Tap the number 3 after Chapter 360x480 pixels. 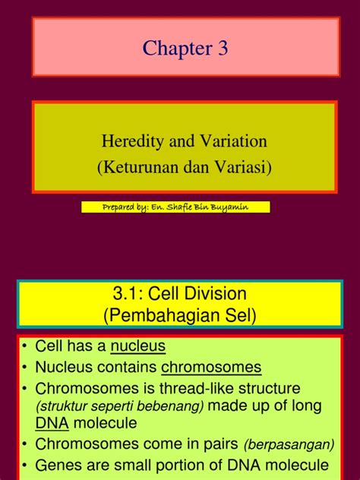[x=221, y=49]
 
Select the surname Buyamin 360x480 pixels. [x=242, y=207]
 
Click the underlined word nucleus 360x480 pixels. [x=137, y=347]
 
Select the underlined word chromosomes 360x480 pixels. [x=210, y=368]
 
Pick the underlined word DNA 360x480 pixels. [x=50, y=424]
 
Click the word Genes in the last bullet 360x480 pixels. [x=58, y=466]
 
